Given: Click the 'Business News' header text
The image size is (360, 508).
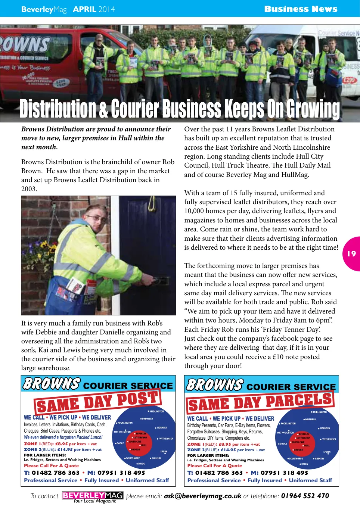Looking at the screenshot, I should coord(301,9).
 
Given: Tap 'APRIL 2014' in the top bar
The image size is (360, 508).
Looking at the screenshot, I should coord(94,9).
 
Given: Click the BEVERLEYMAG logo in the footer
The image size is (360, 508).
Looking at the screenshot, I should coord(93,496).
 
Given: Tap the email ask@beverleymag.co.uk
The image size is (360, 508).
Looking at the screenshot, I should coord(202,496).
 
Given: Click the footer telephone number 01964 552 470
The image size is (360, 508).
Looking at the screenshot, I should coord(305,496).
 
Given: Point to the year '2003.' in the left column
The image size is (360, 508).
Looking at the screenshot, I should coord(29,189).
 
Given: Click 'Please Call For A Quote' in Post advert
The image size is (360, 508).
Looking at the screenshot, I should coord(51,465).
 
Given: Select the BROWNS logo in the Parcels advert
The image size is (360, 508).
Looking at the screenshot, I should coord(215,384).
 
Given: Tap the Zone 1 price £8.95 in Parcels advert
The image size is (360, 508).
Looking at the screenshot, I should coord(224,444).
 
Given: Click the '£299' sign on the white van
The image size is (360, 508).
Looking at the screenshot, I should coord(349,80).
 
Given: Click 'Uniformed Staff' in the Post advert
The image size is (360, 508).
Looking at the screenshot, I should coord(147,480).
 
